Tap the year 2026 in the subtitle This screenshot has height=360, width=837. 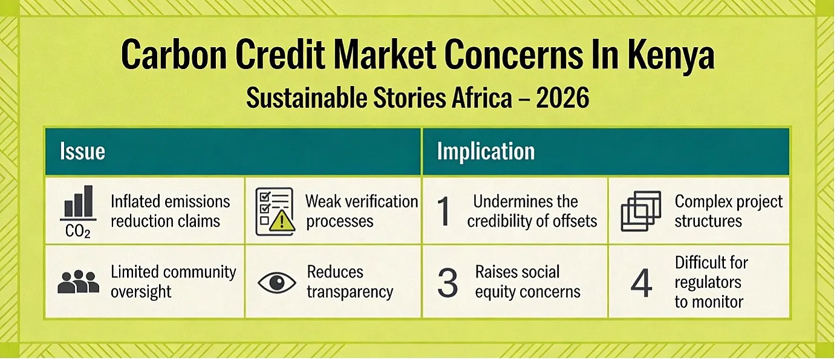(x=562, y=97)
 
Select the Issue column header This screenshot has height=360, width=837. (x=82, y=151)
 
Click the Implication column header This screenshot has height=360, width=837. (x=486, y=151)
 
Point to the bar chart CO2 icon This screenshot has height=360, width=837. (x=78, y=212)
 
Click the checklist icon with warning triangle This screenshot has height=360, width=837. (x=275, y=212)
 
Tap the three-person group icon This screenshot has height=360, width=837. (x=79, y=281)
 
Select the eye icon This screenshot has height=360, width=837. (x=277, y=283)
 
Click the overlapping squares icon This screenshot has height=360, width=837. (x=641, y=211)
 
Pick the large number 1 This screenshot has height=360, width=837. (x=444, y=211)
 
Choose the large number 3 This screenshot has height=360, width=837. (x=448, y=283)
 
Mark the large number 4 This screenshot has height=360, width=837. (x=641, y=283)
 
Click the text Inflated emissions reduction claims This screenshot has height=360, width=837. (x=170, y=211)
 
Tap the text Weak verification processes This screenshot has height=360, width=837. (x=362, y=211)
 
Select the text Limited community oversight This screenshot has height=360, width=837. (x=174, y=282)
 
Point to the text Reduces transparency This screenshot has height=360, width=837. (x=350, y=282)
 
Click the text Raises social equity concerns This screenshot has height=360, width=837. (x=527, y=282)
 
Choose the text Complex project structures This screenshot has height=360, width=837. (x=729, y=211)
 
